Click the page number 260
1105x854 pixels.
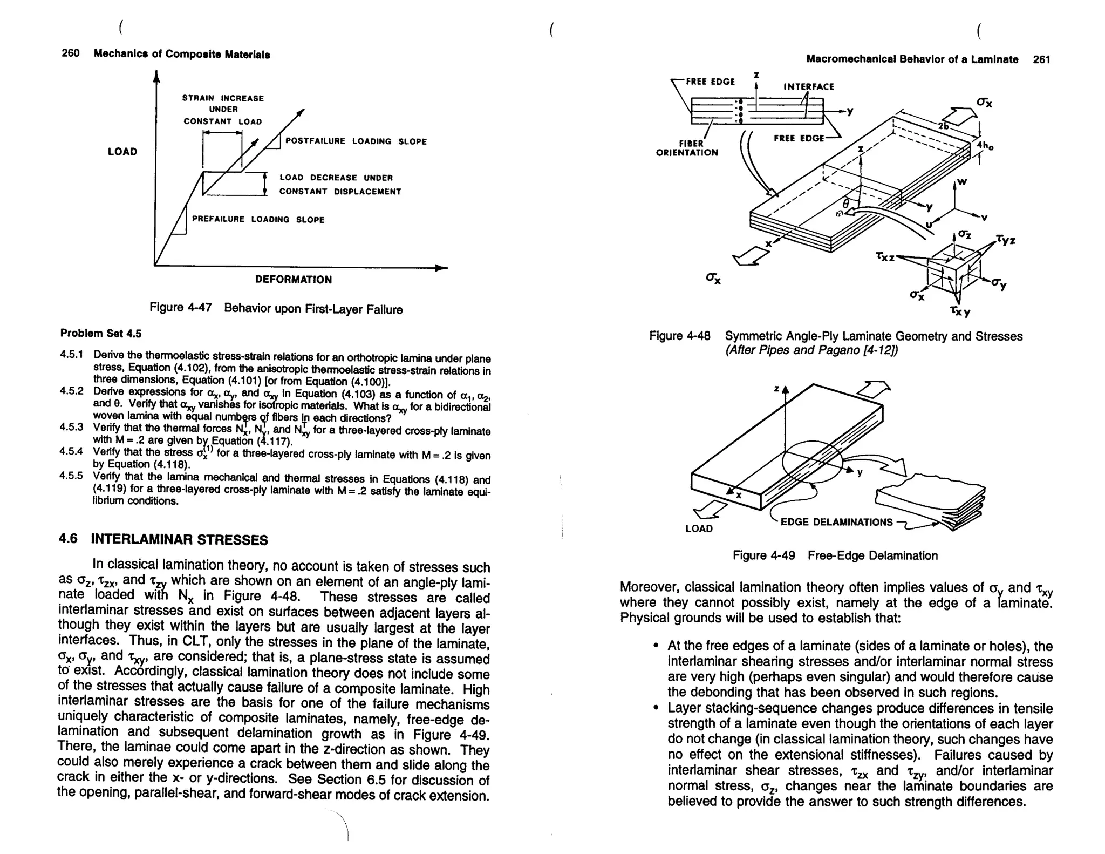70,53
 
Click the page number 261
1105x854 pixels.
1041,59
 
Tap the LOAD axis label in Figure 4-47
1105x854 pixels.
122,152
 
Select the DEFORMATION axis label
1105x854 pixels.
293,280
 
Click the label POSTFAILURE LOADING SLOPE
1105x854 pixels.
356,141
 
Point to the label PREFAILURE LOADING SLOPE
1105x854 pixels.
258,220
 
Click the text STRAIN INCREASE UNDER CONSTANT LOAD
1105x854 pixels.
223,110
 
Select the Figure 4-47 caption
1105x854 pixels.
276,309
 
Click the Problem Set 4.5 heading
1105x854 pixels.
101,334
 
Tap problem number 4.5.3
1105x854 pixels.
71,427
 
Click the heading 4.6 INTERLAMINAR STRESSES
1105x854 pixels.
163,539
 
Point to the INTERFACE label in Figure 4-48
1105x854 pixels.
808,86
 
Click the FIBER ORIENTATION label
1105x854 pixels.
687,148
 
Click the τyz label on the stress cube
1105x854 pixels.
1005,239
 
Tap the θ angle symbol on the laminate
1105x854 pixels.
845,203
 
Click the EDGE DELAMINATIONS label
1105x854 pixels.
836,522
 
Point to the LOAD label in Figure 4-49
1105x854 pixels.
699,528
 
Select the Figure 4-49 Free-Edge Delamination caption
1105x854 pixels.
835,555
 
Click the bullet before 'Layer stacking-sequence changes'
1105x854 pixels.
655,708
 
